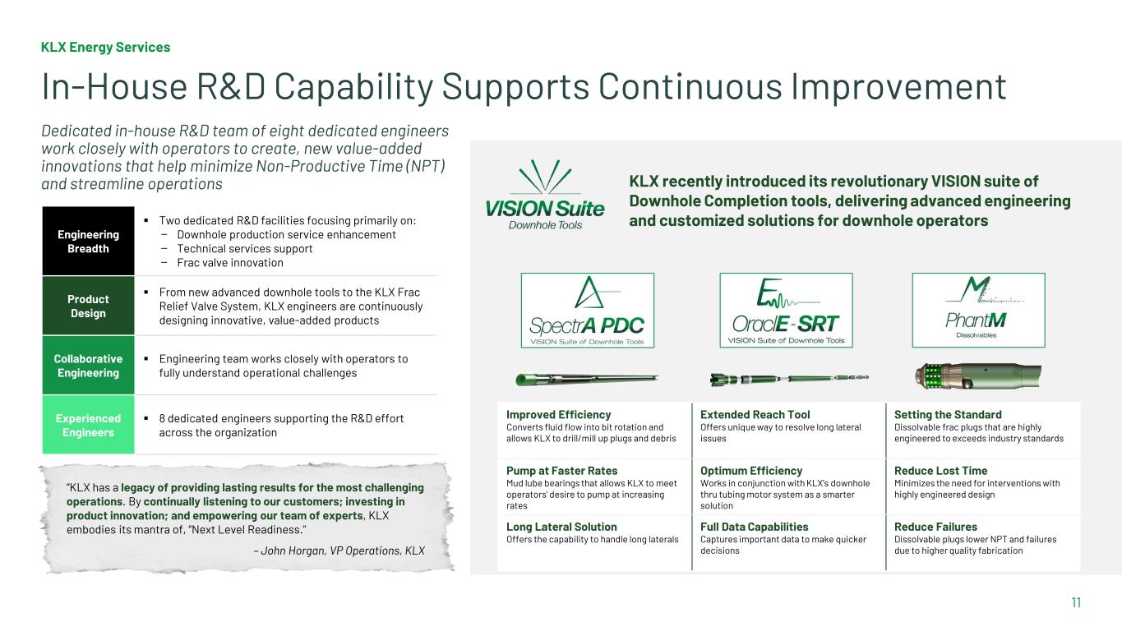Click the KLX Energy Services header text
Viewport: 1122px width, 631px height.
point(105,47)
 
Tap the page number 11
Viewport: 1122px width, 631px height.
point(1076,602)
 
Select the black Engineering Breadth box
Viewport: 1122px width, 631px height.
point(88,241)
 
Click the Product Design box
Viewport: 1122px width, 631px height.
point(88,306)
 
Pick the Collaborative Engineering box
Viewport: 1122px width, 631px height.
point(88,366)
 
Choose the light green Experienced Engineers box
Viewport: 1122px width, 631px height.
point(88,425)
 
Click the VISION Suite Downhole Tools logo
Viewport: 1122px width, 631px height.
point(545,196)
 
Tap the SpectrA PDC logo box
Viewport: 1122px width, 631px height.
point(588,311)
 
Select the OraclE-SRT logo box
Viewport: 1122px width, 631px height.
point(786,311)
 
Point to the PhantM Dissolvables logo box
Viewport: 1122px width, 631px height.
point(978,311)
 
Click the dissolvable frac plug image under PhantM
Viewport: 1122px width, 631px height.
point(978,375)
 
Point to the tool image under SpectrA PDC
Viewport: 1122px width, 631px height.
point(587,380)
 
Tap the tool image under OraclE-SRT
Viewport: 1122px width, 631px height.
point(789,379)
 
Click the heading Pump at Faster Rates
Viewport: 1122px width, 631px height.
point(561,471)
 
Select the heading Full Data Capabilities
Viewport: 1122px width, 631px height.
point(754,527)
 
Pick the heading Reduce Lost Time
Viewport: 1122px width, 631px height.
point(940,471)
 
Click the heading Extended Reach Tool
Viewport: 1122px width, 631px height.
point(755,415)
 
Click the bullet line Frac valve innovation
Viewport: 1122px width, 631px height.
point(230,263)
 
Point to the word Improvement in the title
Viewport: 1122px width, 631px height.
point(898,86)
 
